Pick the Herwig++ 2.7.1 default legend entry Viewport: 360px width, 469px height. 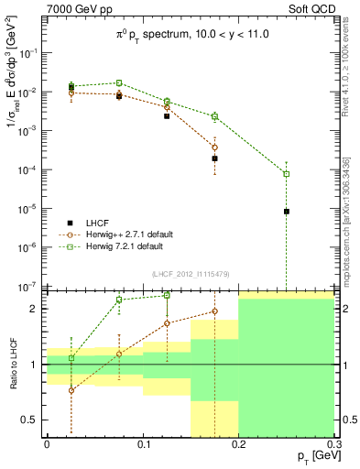pos(122,234)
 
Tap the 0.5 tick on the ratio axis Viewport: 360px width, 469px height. pos(32,420)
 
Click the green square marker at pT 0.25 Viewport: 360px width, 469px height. pos(287,174)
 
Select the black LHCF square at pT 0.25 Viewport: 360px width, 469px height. pos(287,212)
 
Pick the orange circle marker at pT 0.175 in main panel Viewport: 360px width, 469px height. pos(214,147)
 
